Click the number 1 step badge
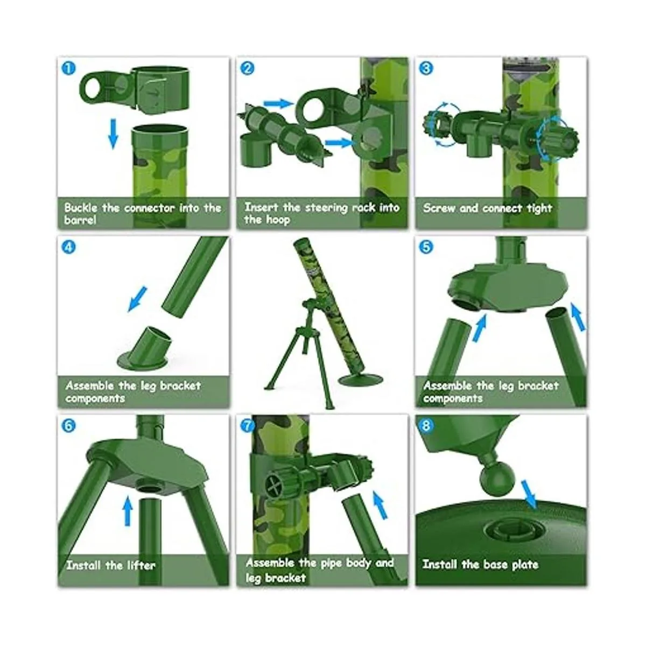click(68, 68)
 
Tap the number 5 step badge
click(426, 247)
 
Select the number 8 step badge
click(426, 426)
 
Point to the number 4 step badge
click(68, 247)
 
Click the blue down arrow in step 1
click(113, 134)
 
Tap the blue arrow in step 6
click(128, 516)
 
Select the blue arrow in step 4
click(137, 299)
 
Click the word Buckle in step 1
click(80, 208)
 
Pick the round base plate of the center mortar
click(360, 380)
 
